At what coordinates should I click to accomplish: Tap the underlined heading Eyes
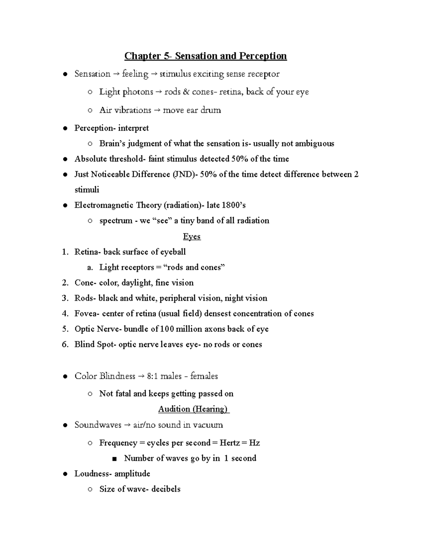(192, 236)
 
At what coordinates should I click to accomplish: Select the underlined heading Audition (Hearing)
(194, 409)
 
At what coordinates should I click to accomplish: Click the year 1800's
(234, 205)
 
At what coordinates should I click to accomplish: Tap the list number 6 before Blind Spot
(65, 344)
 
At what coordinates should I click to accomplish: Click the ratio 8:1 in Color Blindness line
(152, 376)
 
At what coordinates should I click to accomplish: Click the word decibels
(166, 489)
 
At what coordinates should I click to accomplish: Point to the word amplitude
(132, 474)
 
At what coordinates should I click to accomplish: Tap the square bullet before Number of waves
(114, 459)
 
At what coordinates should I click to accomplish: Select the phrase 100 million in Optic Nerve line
(181, 329)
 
